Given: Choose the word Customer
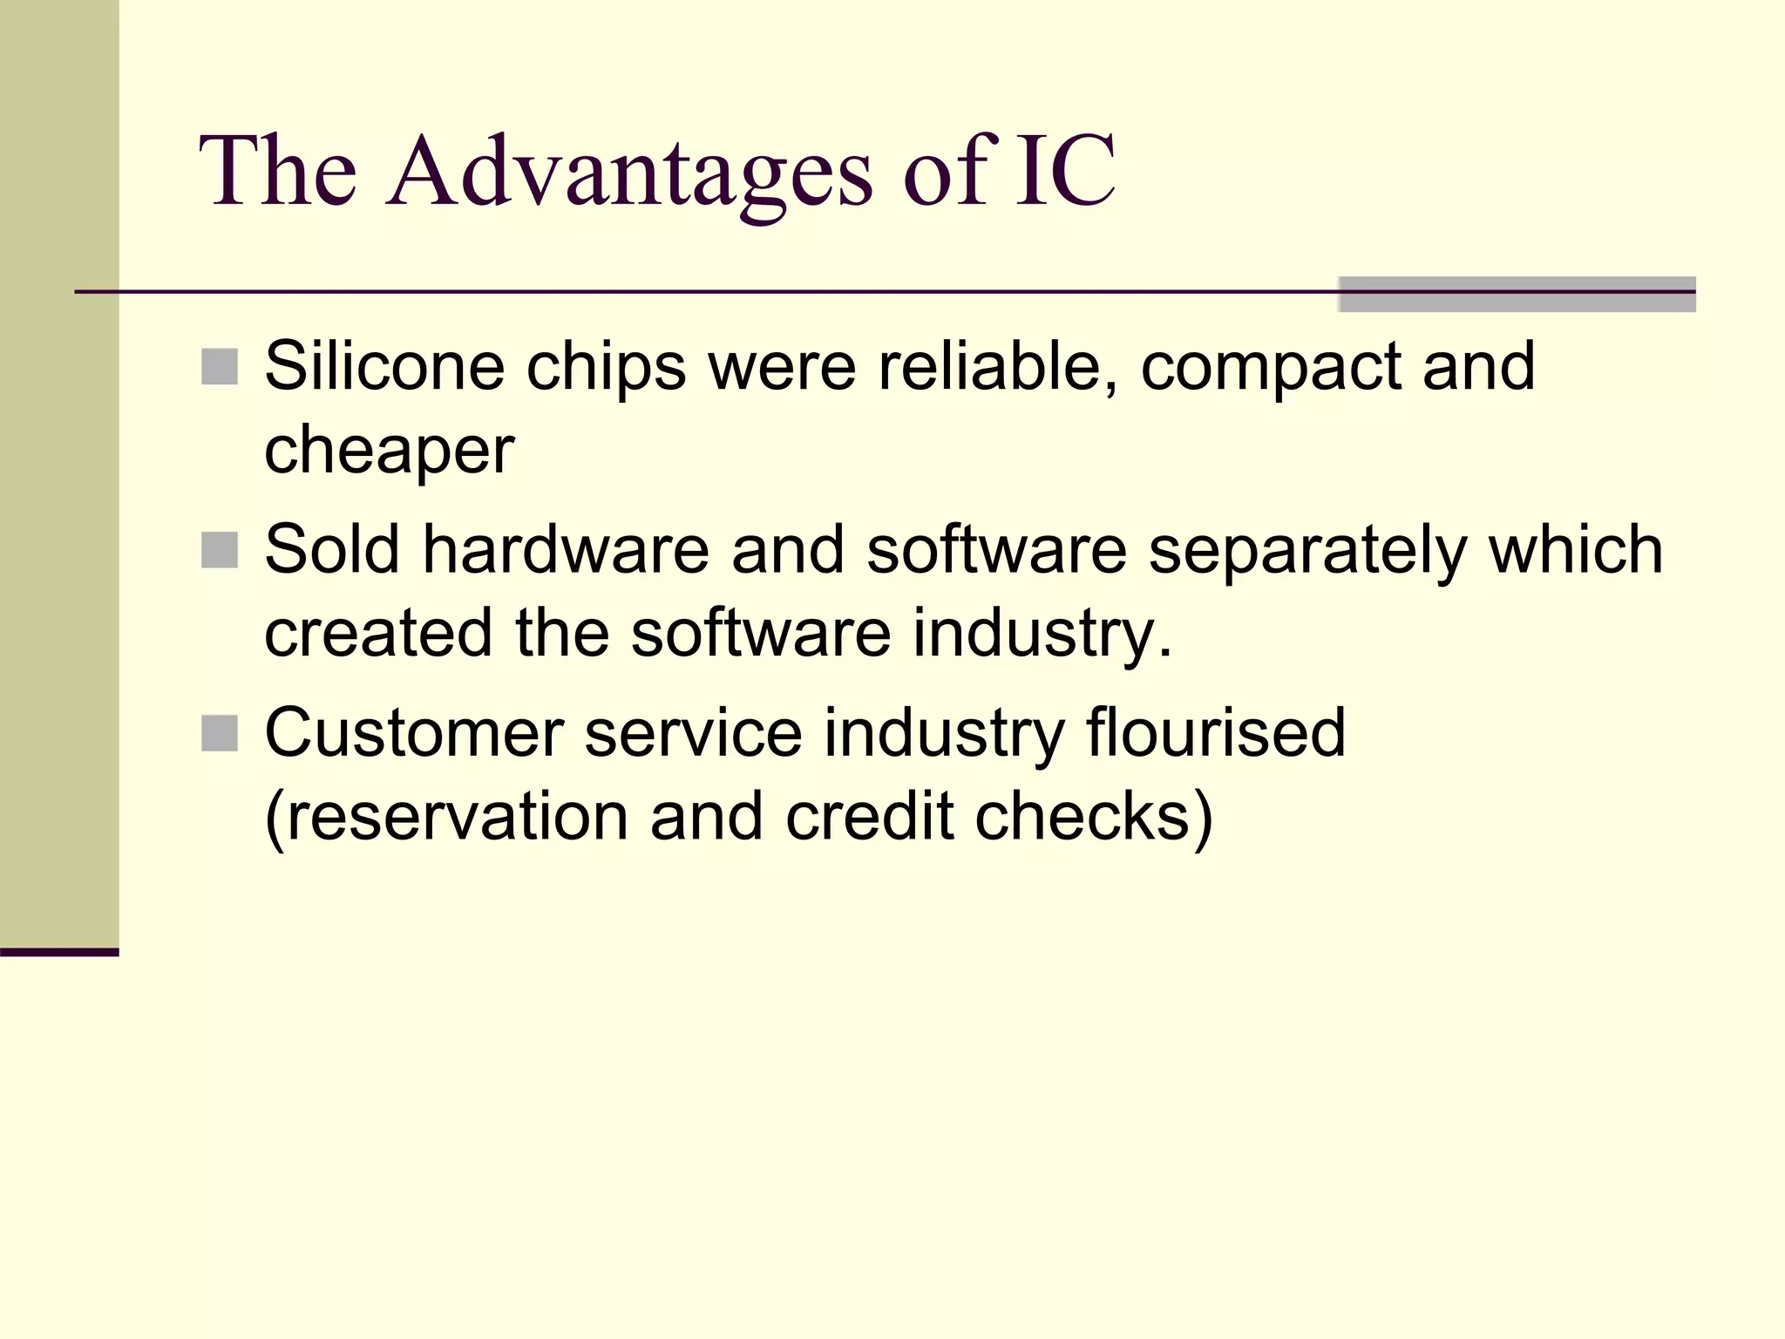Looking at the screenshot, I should tap(413, 733).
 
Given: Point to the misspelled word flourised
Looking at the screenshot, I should tap(1216, 733).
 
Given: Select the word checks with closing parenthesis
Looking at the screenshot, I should tap(1093, 817).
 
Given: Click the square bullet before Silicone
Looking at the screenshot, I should tap(219, 367).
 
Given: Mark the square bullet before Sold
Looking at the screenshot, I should tap(219, 550).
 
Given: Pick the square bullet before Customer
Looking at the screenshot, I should tap(219, 734).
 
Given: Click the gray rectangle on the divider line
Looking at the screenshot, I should tap(1517, 295).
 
